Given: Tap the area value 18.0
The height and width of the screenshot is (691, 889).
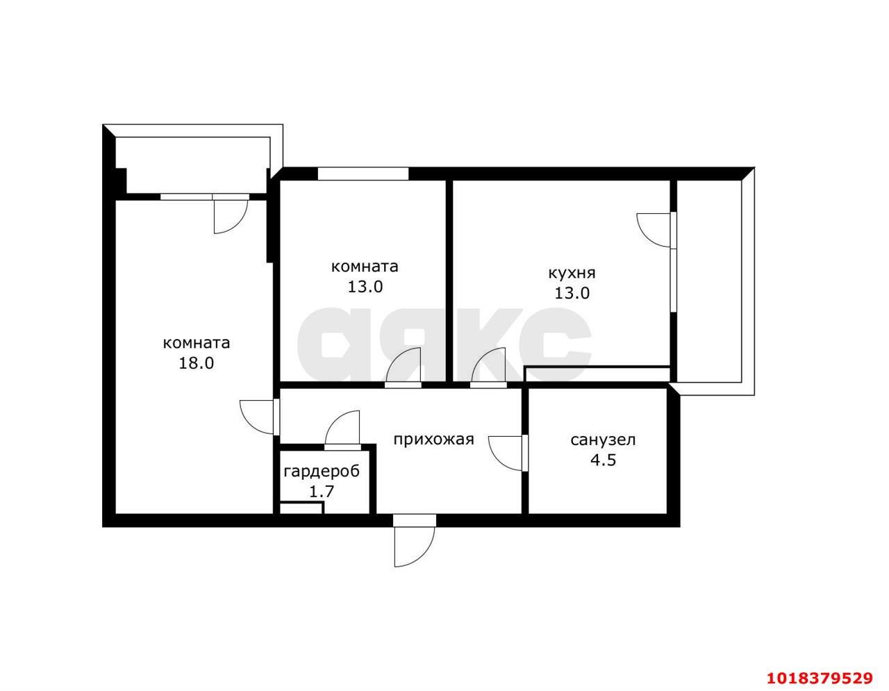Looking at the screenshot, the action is coord(197,363).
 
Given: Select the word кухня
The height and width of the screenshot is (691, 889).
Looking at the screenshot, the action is coord(572,273).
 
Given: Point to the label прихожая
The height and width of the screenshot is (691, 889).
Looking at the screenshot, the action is coord(433,440).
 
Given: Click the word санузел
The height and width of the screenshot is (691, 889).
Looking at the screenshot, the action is coord(603,440).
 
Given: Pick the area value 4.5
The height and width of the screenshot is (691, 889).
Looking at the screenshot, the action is coord(603,460).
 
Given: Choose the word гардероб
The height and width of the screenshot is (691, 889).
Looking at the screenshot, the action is coord(322,472).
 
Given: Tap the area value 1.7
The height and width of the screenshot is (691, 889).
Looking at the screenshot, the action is coord(322,492).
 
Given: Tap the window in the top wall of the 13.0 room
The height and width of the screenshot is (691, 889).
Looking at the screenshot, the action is coord(363,174).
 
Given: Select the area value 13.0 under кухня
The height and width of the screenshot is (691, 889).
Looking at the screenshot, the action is coord(572,294).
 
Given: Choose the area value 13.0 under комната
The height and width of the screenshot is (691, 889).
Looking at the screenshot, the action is coord(365,287).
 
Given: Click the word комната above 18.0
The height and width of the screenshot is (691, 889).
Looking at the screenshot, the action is coord(197,342).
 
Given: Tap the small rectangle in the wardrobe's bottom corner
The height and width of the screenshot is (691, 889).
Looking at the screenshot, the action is coord(302,508).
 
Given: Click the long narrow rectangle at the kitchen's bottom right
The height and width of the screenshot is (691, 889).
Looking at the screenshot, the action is coord(597,374).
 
